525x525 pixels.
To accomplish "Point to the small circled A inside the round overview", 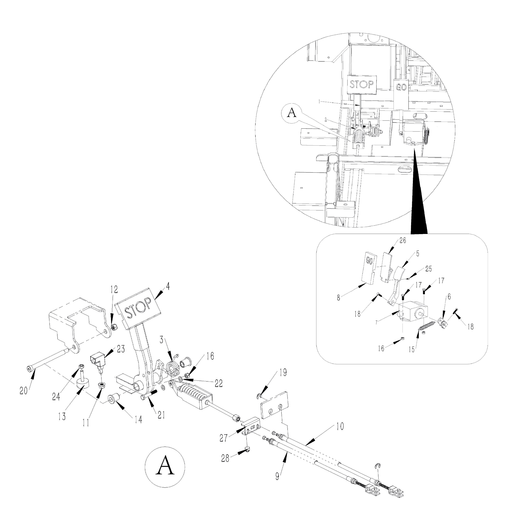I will click(292, 113).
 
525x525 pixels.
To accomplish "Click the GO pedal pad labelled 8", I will click(370, 268).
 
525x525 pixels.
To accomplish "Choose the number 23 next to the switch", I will click(121, 349).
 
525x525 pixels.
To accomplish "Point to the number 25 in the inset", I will click(428, 269).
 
